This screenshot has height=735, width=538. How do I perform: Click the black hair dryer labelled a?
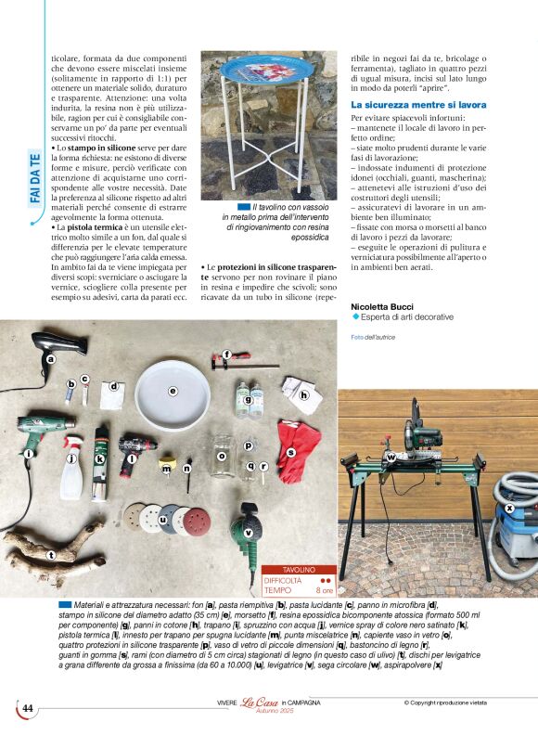[x=60, y=345]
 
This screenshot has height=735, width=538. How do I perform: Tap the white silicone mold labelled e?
[x=172, y=393]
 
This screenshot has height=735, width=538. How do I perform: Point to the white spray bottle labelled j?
[x=72, y=472]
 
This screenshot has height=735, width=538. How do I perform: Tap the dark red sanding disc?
[x=197, y=521]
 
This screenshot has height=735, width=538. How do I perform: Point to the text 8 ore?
[x=325, y=589]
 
